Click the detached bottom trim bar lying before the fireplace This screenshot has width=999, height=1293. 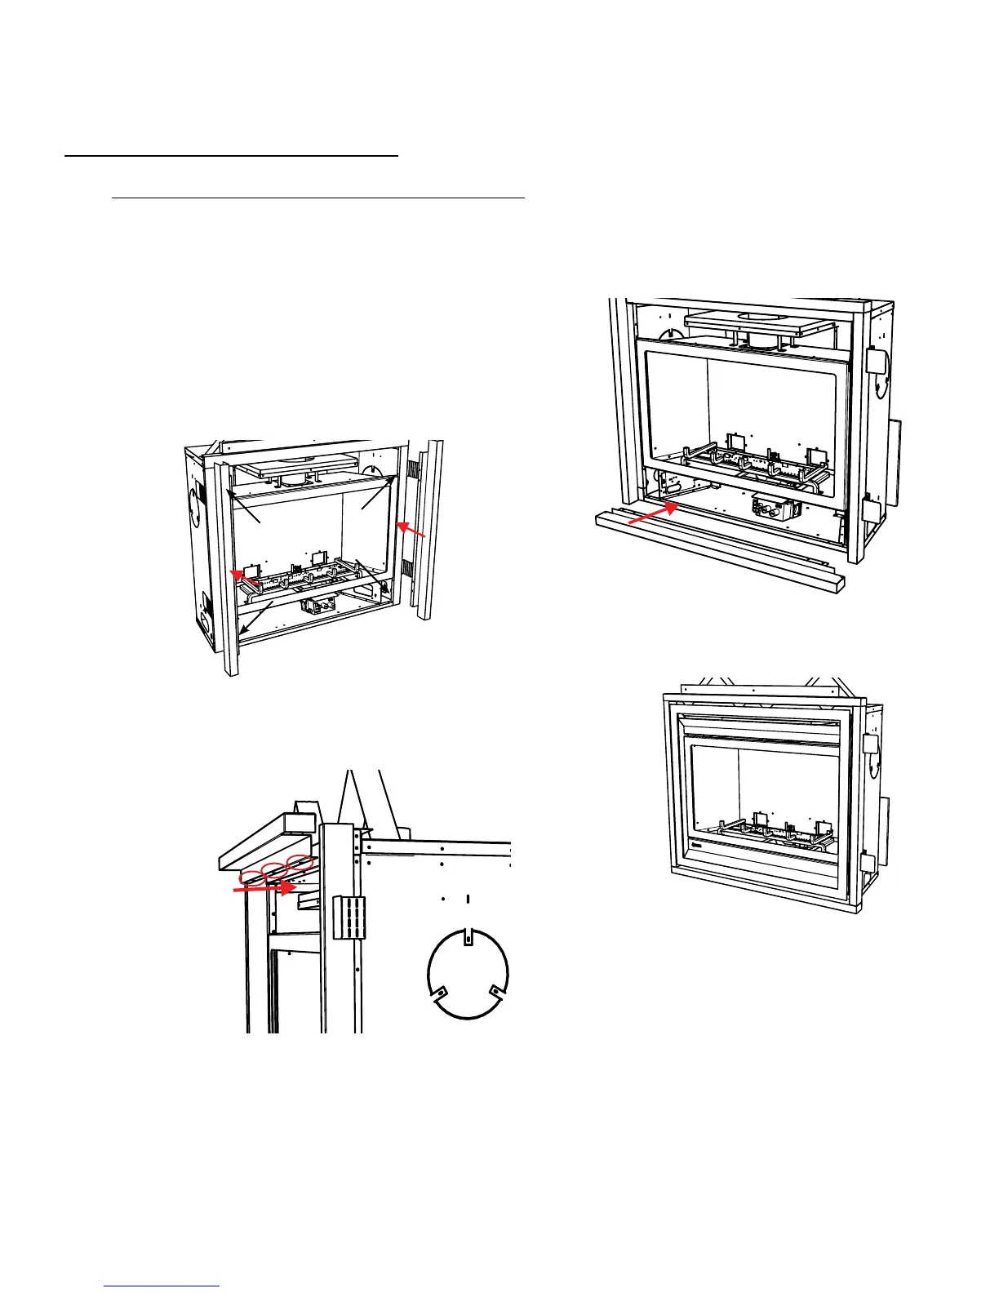[718, 555]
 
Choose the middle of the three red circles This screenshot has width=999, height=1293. [277, 869]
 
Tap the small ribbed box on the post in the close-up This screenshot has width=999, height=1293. [349, 917]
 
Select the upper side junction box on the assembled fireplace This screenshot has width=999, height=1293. [870, 744]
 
